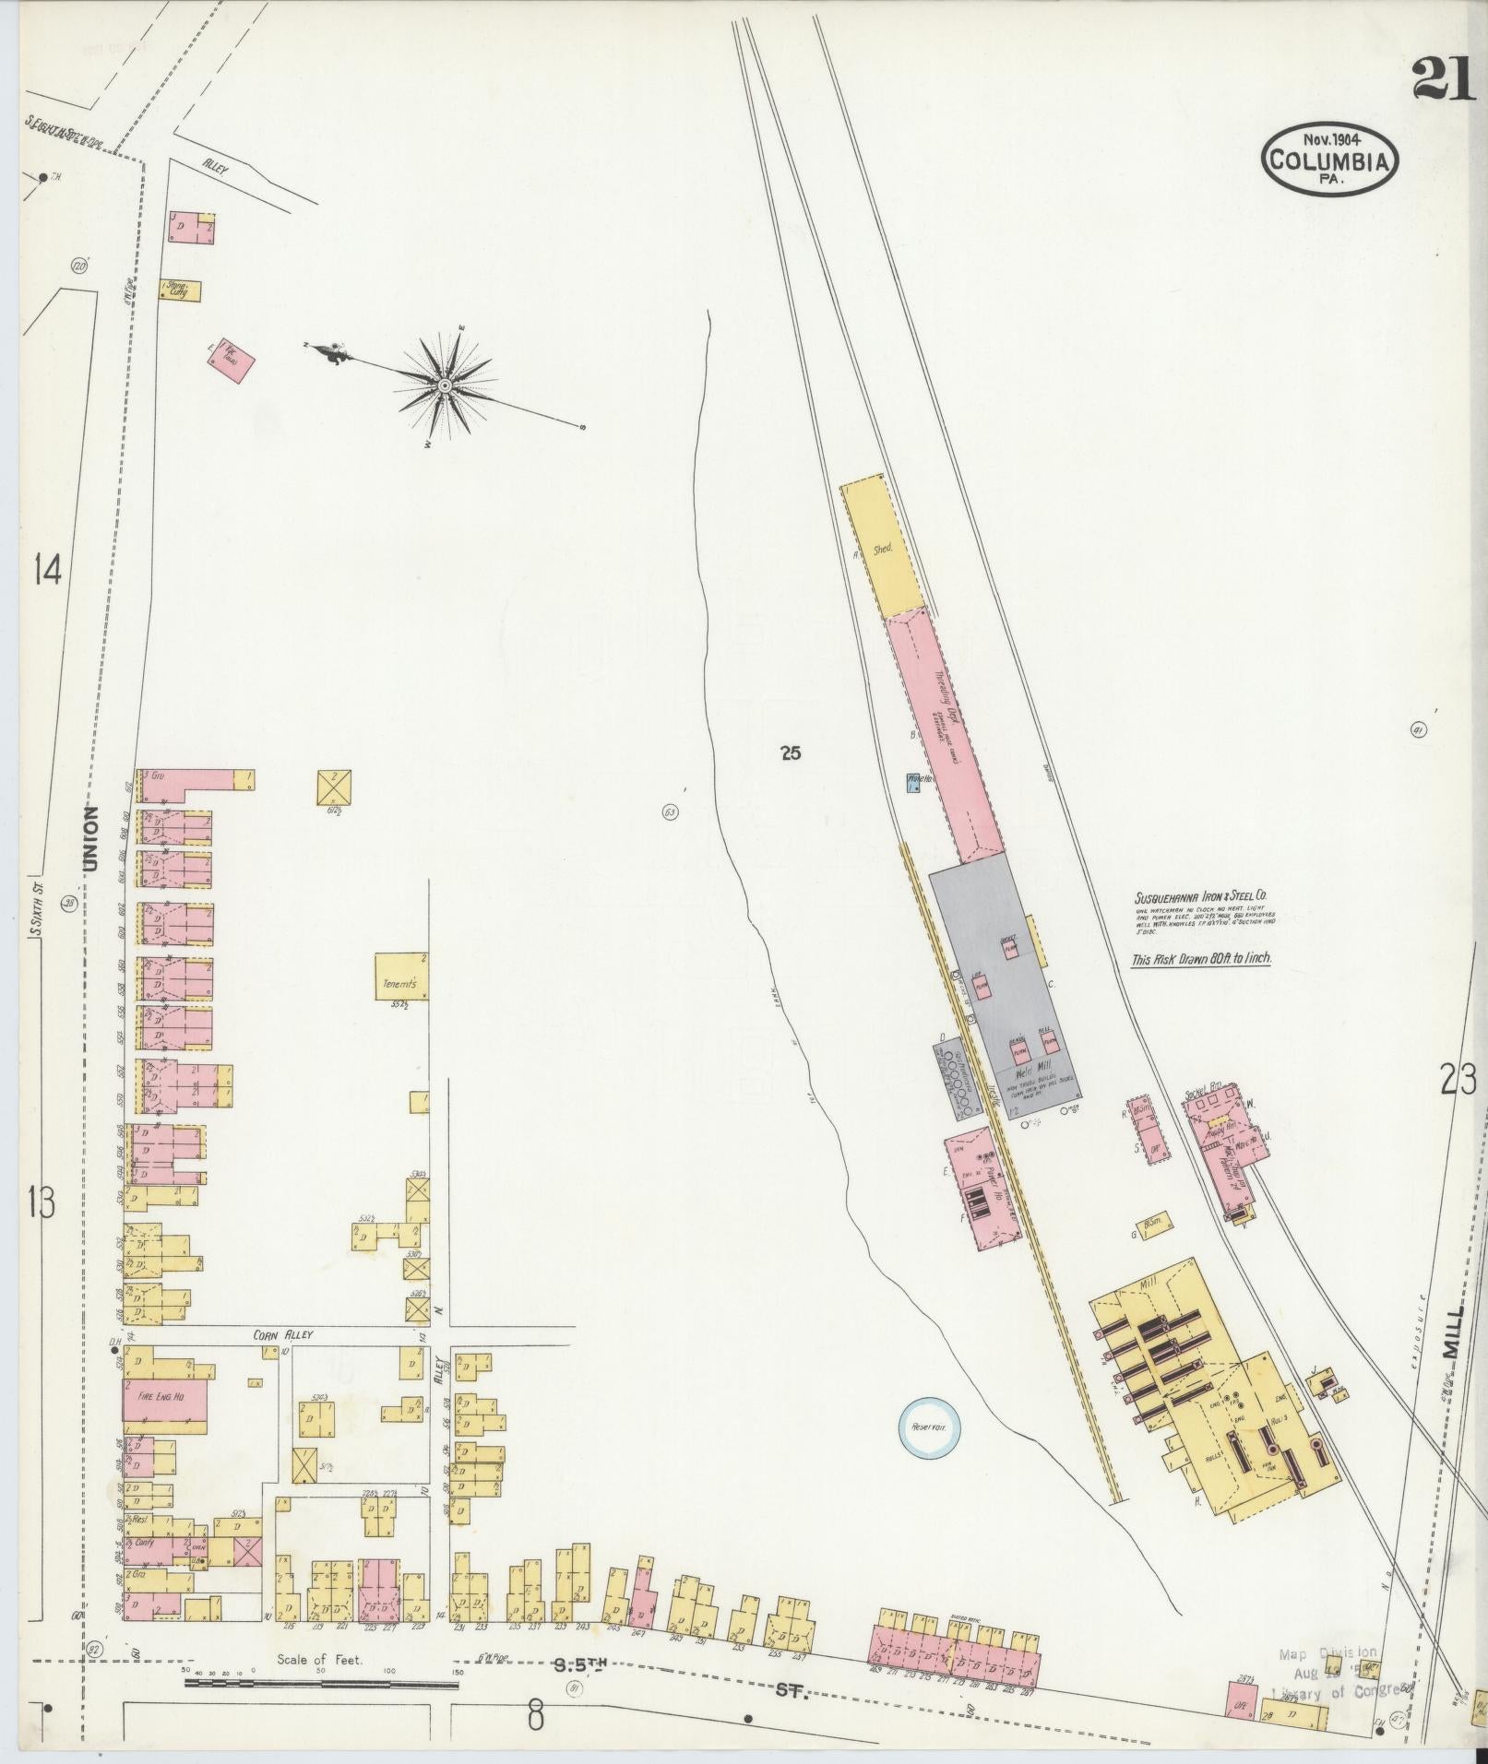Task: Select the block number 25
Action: point(790,753)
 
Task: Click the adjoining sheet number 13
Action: point(42,1202)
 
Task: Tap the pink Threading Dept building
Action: point(946,728)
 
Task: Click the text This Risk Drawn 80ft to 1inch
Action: point(1202,959)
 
